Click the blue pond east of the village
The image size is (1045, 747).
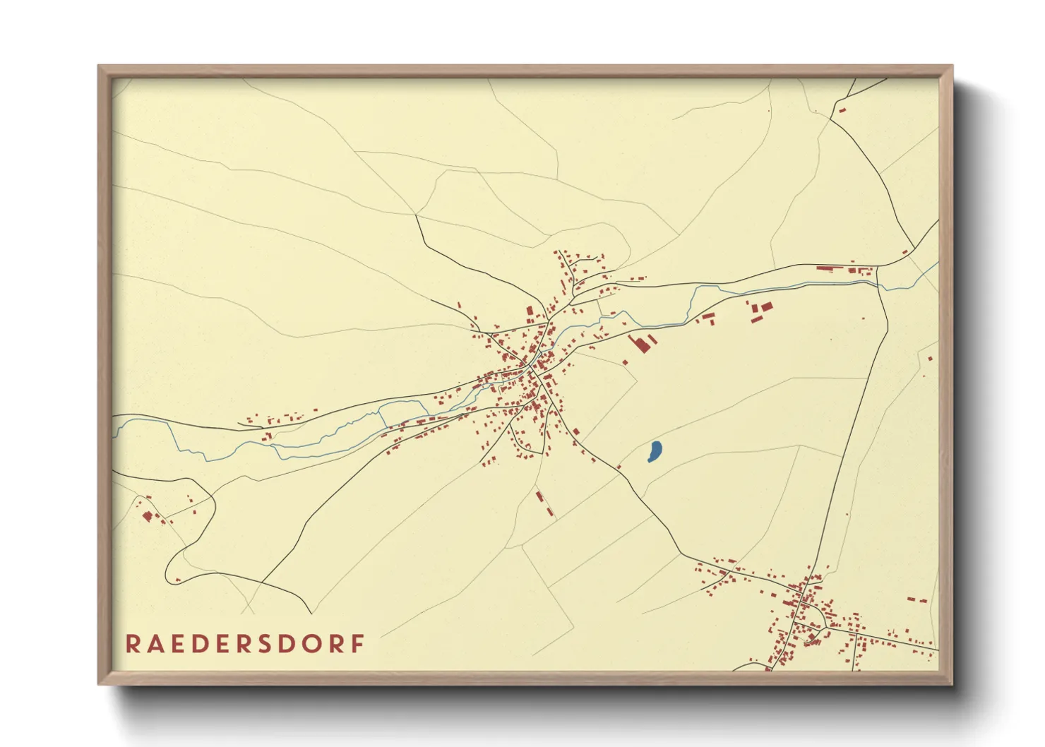coord(655,451)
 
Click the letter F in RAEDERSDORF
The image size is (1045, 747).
coord(358,644)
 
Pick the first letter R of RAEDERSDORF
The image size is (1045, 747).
coord(132,644)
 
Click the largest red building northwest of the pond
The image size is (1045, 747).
coord(641,345)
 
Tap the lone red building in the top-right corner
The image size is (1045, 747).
coord(842,109)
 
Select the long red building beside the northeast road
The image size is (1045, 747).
coord(830,268)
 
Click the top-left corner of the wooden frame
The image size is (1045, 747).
coord(99,66)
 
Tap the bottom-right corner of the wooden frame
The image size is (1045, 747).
coord(952,683)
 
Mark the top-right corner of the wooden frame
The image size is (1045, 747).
coord(952,66)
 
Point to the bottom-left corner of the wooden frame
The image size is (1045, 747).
coord(99,683)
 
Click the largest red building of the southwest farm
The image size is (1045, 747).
coord(147,516)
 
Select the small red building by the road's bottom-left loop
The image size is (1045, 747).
coord(177,580)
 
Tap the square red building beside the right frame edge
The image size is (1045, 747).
coord(930,359)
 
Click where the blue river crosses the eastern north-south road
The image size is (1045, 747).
coord(878,282)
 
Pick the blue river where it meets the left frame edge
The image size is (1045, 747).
coord(114,424)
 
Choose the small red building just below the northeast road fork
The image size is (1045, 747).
coord(905,252)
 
